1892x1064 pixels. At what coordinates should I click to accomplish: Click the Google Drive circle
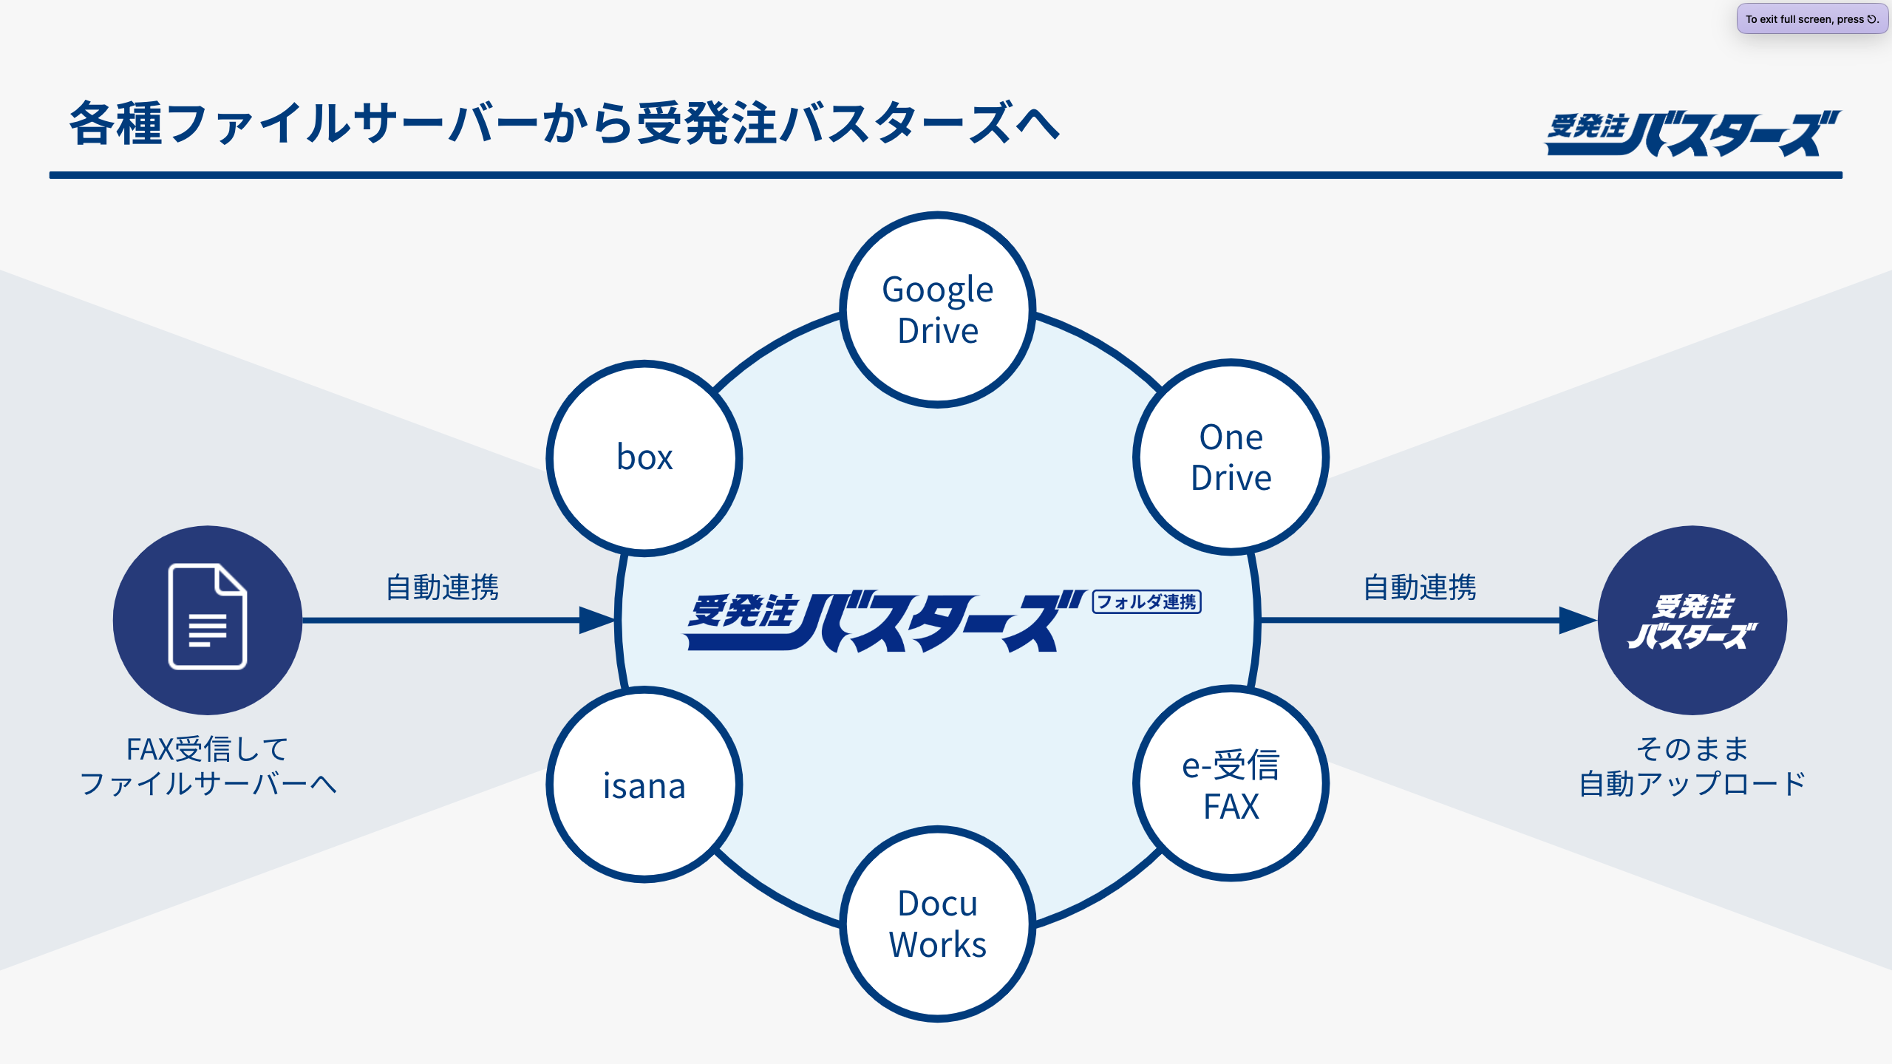coord(937,310)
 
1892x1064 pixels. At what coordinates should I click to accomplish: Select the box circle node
coord(644,457)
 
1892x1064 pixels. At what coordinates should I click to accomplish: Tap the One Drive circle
coord(1231,457)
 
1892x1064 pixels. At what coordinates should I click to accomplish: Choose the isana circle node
coord(644,785)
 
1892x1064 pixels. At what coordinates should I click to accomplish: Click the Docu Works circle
coord(937,924)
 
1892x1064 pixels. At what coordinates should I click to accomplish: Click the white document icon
coord(208,616)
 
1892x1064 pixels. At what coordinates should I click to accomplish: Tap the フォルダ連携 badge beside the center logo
coord(1146,602)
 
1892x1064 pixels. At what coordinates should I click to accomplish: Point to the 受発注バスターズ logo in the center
coord(883,621)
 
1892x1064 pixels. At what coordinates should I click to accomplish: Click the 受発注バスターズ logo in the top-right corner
coord(1692,134)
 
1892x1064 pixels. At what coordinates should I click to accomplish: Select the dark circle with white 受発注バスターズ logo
coord(1692,621)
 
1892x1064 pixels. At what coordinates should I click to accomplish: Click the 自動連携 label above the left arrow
coord(443,587)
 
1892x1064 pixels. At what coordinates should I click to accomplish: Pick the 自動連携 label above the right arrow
coord(1420,587)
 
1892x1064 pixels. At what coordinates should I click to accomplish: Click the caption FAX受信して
coord(208,749)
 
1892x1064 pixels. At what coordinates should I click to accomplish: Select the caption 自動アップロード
coord(1692,784)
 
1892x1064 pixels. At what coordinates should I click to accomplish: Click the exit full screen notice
coord(1811,19)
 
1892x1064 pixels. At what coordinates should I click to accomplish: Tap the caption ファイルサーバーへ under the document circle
coord(208,784)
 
